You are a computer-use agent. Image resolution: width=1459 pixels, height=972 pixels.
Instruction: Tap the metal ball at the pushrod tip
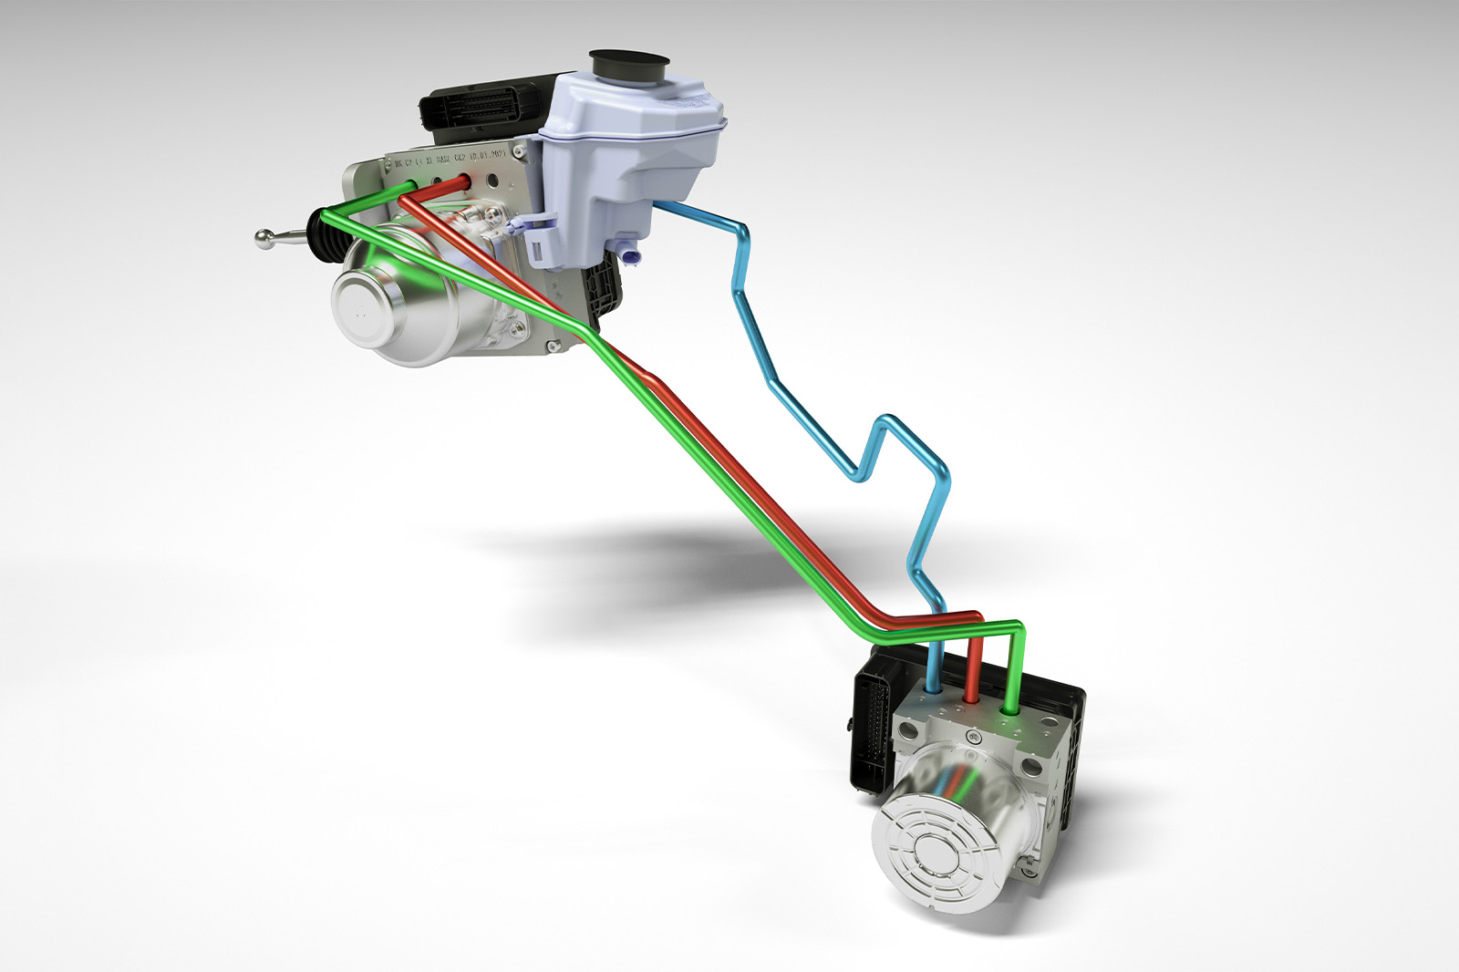click(x=264, y=238)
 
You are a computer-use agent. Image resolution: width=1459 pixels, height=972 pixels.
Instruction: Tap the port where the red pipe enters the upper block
click(x=461, y=181)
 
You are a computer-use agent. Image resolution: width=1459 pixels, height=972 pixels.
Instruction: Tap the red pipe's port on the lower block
click(x=971, y=697)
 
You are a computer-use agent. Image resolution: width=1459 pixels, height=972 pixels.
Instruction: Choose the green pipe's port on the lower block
click(x=1009, y=707)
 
